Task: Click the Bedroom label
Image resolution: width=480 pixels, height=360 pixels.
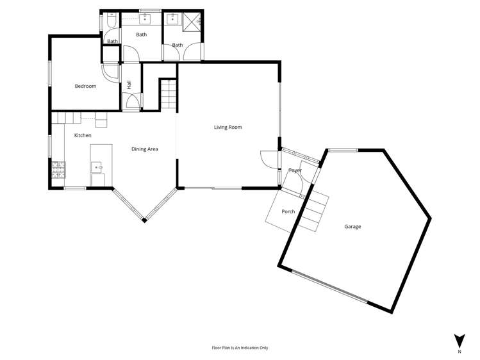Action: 85,86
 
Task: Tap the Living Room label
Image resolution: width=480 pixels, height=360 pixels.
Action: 228,127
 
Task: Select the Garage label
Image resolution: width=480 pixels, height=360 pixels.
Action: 352,227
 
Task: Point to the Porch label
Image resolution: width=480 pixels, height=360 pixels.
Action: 288,211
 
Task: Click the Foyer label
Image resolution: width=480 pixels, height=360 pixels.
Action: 295,170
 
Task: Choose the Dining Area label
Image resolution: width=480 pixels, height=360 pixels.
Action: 145,149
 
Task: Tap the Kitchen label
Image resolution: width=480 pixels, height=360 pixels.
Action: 83,135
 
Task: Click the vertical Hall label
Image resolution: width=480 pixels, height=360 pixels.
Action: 129,84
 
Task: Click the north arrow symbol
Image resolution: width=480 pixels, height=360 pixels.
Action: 459,341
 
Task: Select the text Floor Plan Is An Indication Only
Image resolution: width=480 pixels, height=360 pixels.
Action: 240,348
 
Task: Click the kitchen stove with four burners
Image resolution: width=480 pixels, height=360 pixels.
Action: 58,169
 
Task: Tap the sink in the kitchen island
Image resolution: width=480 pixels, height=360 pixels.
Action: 98,167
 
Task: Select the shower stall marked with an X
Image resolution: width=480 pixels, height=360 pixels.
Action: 193,21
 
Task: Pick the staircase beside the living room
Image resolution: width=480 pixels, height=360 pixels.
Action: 167,95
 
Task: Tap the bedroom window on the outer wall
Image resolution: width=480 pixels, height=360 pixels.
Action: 50,72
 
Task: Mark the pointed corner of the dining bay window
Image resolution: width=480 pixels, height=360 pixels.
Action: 145,220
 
